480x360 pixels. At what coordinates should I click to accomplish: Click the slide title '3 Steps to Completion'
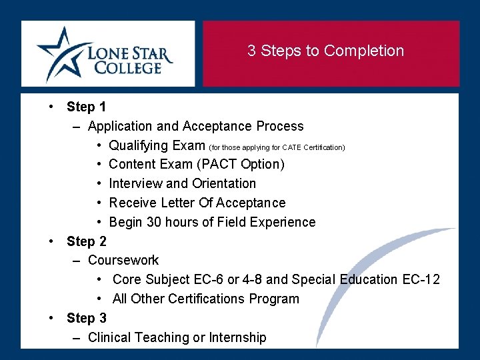tap(325, 51)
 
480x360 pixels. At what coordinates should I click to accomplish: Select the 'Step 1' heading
tap(86, 107)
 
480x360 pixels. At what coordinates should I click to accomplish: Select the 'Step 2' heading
tap(86, 241)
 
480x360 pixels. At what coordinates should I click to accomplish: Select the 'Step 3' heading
tap(86, 318)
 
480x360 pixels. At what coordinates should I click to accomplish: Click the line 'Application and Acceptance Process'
tap(195, 126)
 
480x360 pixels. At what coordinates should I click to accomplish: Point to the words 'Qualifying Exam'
tap(157, 145)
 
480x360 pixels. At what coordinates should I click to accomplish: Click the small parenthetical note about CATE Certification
tap(277, 147)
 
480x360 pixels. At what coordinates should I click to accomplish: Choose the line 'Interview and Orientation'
tap(182, 183)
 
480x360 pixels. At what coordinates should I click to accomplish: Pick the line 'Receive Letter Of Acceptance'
tap(197, 203)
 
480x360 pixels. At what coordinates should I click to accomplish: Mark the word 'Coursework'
tap(123, 260)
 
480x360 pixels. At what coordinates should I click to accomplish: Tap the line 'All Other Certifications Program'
tap(205, 299)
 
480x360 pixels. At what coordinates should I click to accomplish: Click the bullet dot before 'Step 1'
tap(51, 107)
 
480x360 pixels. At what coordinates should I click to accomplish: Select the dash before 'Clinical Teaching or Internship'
tap(77, 337)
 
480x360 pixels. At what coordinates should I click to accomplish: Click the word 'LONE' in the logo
tap(111, 52)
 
